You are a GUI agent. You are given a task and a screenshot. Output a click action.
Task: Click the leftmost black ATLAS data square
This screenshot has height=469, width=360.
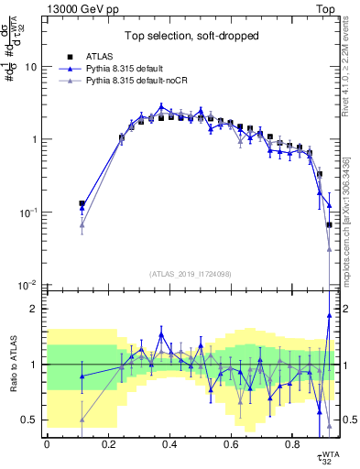82,203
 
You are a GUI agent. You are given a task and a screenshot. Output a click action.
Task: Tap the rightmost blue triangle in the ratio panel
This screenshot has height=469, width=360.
329,315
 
